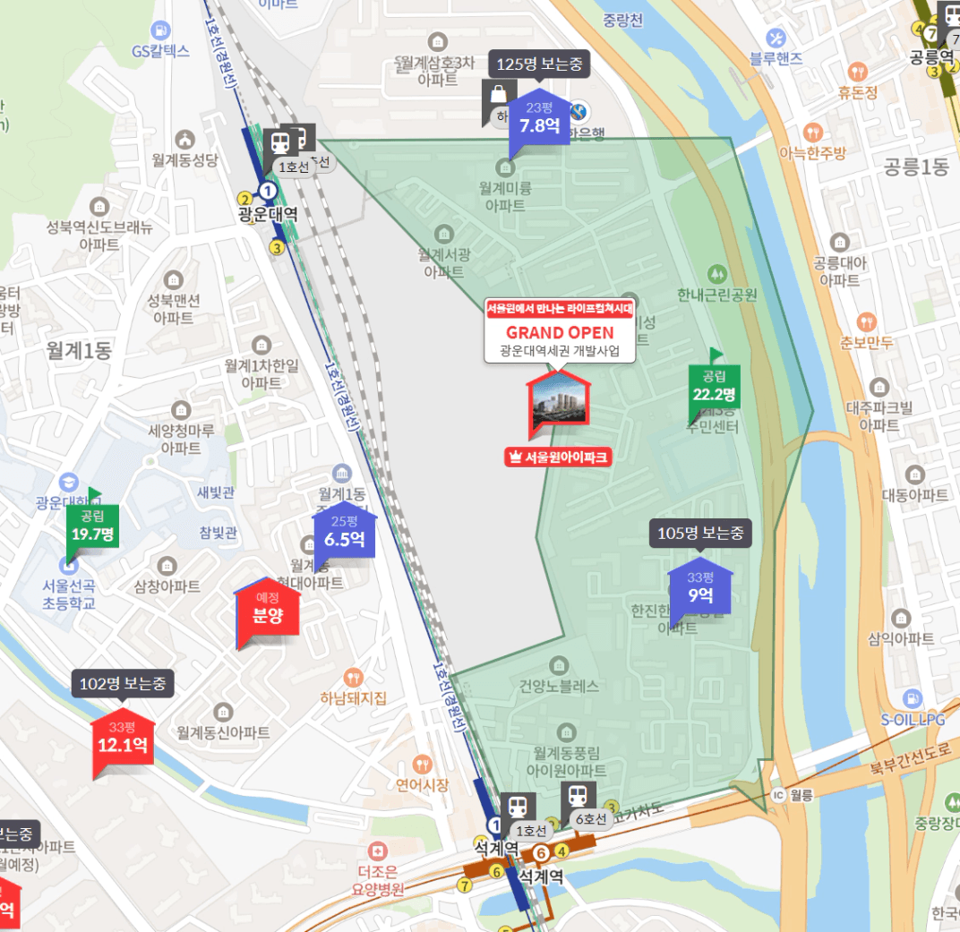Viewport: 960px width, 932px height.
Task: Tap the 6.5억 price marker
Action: point(344,533)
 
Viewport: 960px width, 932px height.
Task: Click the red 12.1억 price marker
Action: point(123,739)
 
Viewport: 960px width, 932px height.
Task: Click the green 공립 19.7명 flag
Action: point(92,528)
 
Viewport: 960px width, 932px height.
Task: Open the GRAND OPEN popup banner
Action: point(560,331)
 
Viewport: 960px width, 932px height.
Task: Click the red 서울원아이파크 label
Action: point(558,457)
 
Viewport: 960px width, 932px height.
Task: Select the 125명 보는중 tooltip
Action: point(539,64)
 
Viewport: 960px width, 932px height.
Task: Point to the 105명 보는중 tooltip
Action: point(700,534)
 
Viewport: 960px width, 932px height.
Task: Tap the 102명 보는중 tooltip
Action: point(123,684)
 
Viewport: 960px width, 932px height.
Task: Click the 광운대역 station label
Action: point(268,214)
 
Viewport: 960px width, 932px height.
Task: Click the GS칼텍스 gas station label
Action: point(160,51)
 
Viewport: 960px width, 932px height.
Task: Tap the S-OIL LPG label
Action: point(913,719)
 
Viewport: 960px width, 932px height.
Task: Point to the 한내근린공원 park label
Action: point(717,295)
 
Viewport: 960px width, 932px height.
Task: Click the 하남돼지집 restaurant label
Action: point(356,698)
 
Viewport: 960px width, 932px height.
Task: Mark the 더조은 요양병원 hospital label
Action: point(380,880)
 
